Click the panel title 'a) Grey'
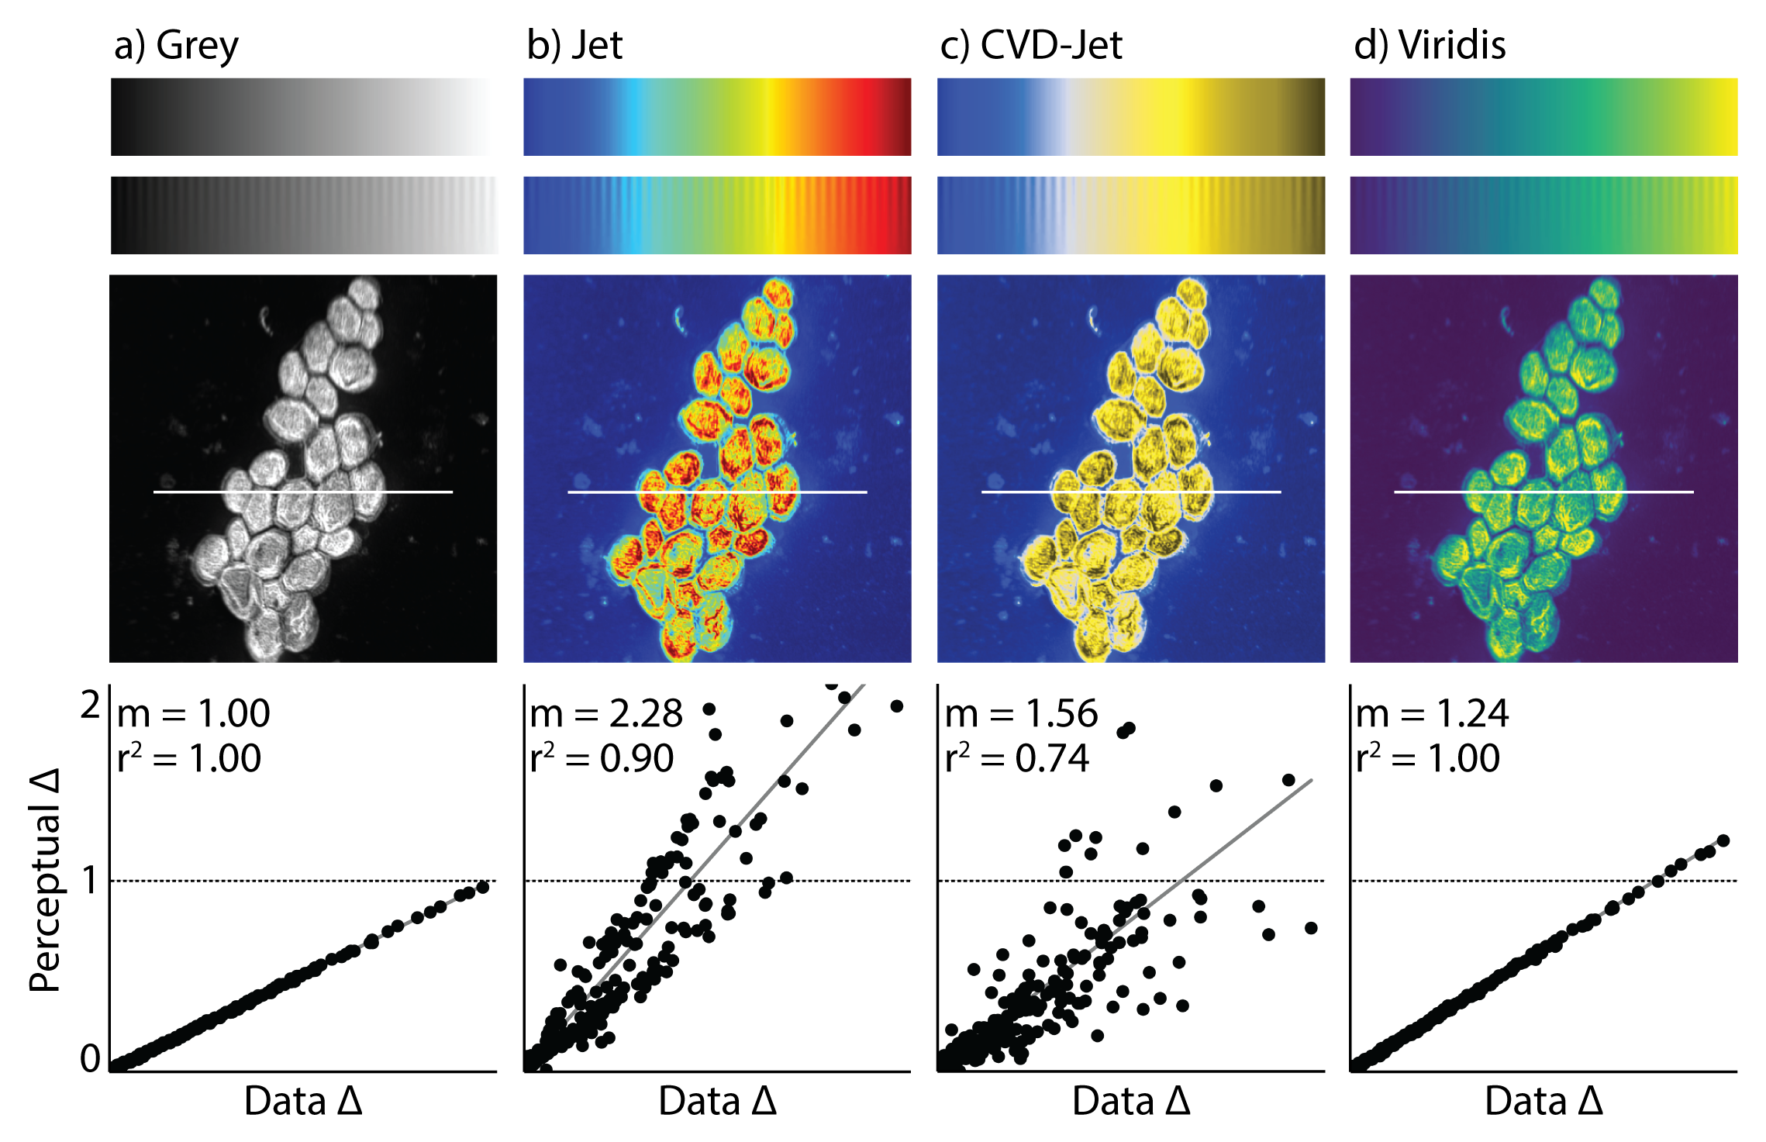tap(176, 46)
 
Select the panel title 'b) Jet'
tap(574, 46)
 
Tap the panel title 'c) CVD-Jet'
tap(1030, 46)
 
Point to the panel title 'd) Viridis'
tap(1429, 46)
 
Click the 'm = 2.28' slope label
tap(605, 714)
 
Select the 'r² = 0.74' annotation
tap(1017, 758)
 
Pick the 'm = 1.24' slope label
tap(1432, 714)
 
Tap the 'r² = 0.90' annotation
tap(602, 758)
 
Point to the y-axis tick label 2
tap(91, 706)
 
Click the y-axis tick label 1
tap(91, 881)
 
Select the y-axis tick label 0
tap(91, 1058)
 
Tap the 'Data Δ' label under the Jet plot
tap(717, 1102)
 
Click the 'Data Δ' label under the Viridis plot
tap(1544, 1102)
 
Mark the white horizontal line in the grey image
tap(303, 492)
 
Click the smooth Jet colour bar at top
tap(717, 116)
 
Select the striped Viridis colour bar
tap(1544, 215)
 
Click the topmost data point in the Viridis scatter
tap(1723, 840)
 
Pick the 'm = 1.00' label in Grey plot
tap(193, 714)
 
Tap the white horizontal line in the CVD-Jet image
tap(1131, 492)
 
